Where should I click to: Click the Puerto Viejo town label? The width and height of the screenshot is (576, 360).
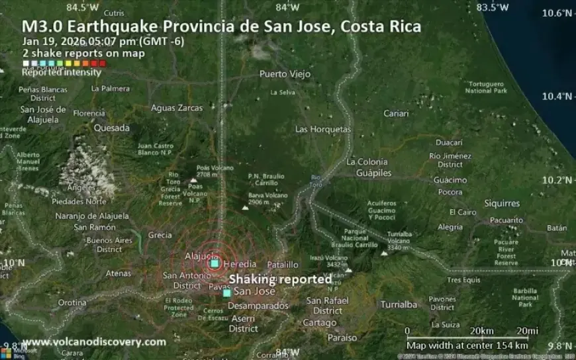pos(285,74)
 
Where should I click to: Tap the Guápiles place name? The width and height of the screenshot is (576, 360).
pos(373,173)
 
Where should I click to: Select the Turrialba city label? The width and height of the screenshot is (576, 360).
pos(399,305)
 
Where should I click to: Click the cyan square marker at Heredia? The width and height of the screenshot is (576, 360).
pos(215,263)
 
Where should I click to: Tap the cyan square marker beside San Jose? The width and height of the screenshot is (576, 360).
pos(227,292)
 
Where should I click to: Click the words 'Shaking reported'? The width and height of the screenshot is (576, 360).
pos(280,279)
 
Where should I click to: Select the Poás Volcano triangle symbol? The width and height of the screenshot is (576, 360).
pos(193,180)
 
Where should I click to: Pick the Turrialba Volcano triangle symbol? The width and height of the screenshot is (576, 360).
pos(384,252)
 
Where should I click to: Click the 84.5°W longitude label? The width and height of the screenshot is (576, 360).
pos(83,7)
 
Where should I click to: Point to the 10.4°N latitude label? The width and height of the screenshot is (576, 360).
pos(556,97)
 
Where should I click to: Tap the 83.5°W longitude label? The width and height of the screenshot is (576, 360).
pos(492,7)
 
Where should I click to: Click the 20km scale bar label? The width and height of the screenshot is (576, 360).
pos(481,331)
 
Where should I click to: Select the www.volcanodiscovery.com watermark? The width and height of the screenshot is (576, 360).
pos(94,342)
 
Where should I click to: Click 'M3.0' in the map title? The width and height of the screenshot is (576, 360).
pos(42,27)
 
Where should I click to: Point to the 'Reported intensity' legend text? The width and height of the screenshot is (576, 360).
pos(62,72)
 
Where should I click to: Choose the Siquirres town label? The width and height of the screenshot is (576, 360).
pos(502,203)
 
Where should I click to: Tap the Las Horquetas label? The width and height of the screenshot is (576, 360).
pos(323,129)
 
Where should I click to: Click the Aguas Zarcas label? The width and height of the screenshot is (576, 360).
pos(177,108)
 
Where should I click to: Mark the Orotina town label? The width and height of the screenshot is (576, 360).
pos(72,302)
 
